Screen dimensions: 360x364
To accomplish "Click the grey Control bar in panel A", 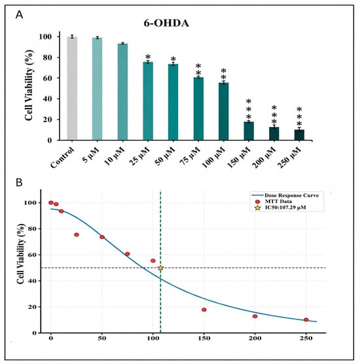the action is (x=72, y=88).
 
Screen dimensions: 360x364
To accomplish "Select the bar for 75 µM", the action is (x=198, y=109).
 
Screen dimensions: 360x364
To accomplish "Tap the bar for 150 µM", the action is (x=249, y=131).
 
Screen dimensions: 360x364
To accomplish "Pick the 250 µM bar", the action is (x=299, y=135).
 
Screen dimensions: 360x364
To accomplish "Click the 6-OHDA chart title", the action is (x=166, y=23).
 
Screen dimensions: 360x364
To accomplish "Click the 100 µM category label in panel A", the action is (x=214, y=157).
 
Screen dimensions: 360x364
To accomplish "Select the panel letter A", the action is (x=19, y=15).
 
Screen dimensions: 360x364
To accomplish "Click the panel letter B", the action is (x=19, y=183).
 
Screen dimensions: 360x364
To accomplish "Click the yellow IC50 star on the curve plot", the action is (x=160, y=268).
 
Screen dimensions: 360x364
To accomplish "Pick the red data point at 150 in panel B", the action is (x=204, y=310).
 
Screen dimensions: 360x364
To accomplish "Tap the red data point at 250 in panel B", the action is (x=306, y=319).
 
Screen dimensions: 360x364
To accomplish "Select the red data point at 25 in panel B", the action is (x=77, y=234).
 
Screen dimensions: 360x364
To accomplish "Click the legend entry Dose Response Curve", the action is (x=287, y=195).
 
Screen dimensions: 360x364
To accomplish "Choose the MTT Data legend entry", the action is (x=274, y=201).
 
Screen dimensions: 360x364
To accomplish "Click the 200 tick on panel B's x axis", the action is (x=255, y=338).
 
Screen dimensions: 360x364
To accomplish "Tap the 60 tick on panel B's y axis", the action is (x=33, y=255).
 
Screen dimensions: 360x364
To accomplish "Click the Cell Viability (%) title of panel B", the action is (x=21, y=253).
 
